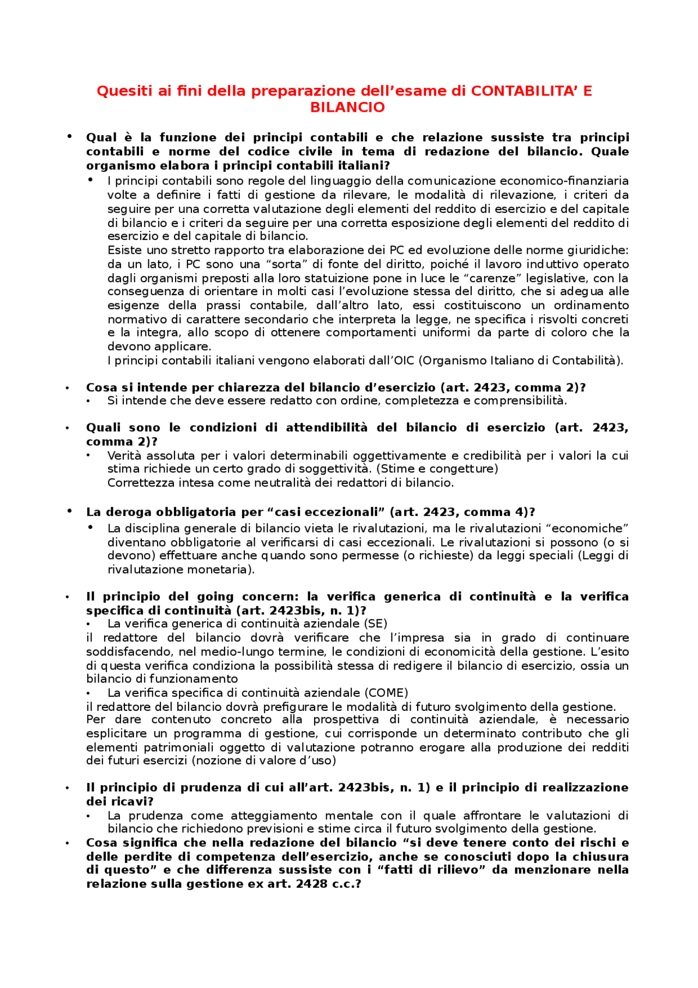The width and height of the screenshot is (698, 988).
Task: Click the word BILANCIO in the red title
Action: coord(347,107)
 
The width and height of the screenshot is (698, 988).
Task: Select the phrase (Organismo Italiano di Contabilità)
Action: coord(521,361)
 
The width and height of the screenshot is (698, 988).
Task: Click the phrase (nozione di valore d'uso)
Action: coord(266,761)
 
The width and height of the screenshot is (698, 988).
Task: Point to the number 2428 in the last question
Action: coord(311,884)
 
